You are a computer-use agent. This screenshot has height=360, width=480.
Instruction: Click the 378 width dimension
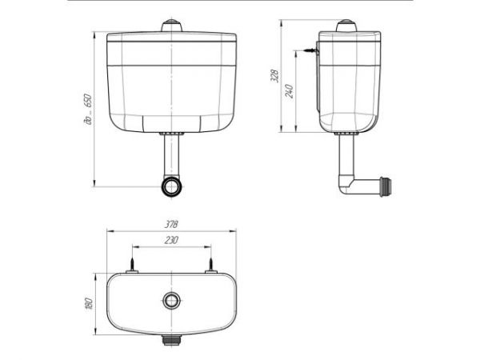click(x=171, y=224)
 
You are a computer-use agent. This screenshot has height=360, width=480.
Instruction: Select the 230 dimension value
click(x=171, y=240)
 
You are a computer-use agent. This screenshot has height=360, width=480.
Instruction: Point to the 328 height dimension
click(x=275, y=76)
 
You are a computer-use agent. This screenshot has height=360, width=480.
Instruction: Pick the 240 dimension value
click(x=290, y=91)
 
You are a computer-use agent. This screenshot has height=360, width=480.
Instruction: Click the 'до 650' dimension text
click(x=88, y=110)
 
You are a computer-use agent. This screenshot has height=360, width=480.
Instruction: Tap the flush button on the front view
click(x=172, y=26)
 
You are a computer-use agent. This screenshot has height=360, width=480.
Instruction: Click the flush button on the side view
click(x=346, y=26)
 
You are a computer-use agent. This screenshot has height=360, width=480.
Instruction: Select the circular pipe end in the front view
click(x=172, y=186)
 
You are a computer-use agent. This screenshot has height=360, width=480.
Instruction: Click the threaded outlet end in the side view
click(x=386, y=186)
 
